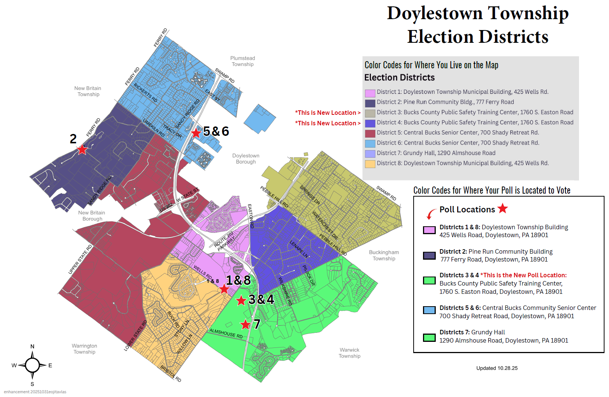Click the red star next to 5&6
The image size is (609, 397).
196,132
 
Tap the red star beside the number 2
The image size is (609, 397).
82,149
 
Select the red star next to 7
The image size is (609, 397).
245,324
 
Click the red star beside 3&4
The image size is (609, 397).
241,300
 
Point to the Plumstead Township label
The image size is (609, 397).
243,61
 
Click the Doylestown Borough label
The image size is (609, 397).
246,159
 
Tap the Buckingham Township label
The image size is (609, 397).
384,256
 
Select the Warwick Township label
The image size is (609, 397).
349,353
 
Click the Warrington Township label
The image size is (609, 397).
84,349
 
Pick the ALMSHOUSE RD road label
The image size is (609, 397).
226,333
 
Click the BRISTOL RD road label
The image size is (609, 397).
171,374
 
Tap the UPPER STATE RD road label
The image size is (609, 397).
80,259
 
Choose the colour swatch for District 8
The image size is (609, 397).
370,164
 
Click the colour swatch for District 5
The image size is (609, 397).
370,133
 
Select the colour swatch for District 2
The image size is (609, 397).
370,103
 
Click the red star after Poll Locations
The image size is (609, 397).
502,208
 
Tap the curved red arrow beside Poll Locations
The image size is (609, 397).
431,214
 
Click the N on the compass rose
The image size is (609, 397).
32,346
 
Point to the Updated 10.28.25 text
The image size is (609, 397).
497,368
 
